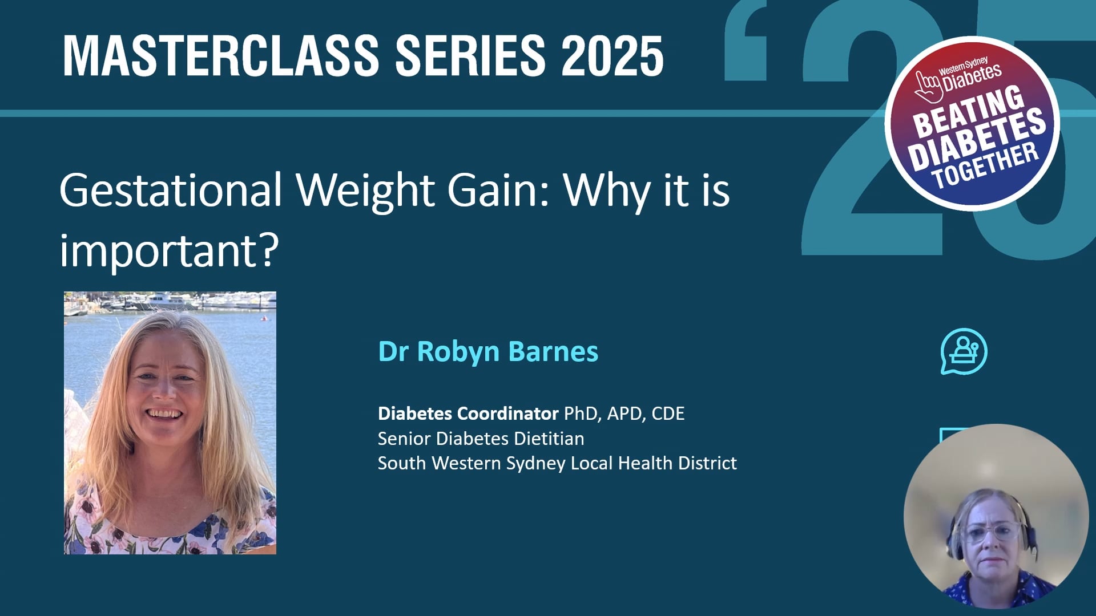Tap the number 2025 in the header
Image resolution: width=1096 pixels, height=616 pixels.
pos(612,55)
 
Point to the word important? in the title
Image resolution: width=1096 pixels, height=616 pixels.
pos(169,250)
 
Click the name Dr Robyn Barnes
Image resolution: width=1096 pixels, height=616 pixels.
pos(488,351)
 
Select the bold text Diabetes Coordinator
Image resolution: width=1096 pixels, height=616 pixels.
pos(468,414)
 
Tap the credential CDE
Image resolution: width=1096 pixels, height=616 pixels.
pos(668,414)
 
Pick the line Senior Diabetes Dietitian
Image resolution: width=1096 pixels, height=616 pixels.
pos(481,439)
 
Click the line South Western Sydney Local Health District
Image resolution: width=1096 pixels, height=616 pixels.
pos(557,463)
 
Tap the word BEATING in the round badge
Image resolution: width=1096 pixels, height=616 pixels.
pos(968,111)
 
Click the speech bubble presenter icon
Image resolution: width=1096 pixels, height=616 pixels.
pos(964,351)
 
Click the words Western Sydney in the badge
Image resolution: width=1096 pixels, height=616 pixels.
pos(963,66)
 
